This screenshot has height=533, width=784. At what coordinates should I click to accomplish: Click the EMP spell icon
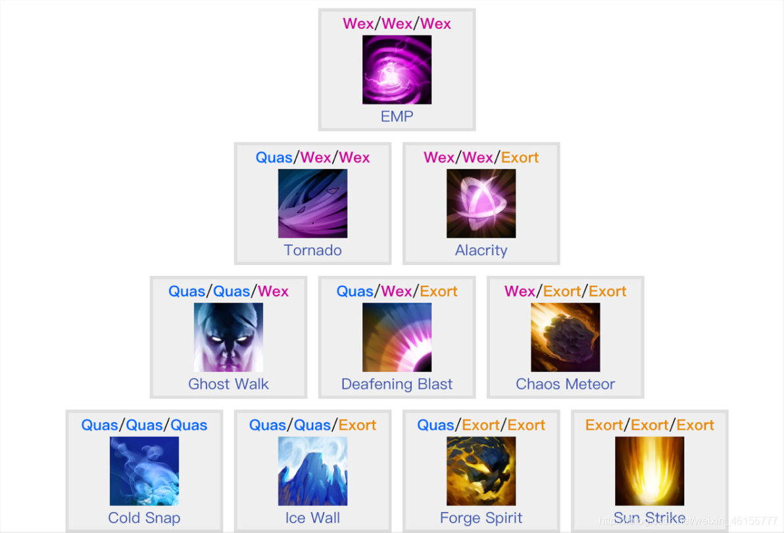[397, 70]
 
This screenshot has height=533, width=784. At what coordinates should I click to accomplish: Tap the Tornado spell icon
[312, 204]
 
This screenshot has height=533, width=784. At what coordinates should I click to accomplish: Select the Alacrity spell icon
[481, 204]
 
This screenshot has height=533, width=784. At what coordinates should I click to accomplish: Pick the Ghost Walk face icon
[228, 337]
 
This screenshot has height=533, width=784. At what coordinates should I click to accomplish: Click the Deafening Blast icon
[397, 337]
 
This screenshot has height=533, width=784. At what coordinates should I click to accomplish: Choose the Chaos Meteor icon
[565, 337]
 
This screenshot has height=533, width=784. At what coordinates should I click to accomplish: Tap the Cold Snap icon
[144, 471]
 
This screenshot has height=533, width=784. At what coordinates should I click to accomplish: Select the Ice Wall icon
[312, 471]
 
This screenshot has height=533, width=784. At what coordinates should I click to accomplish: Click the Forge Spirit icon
[481, 471]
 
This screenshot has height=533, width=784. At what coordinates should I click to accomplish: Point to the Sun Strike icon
[649, 471]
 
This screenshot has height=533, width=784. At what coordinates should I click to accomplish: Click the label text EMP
[397, 117]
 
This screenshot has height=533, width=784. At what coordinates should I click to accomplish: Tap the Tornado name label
[312, 250]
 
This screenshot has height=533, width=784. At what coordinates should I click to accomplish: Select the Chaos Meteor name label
[565, 384]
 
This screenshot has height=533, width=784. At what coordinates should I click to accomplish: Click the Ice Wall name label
[312, 519]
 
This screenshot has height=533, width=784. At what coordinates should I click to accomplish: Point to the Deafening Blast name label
[397, 384]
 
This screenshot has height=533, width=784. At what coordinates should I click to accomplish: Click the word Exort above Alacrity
[520, 158]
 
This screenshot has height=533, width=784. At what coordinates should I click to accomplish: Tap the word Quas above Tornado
[274, 158]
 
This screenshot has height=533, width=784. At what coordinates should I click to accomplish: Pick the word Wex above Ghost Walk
[273, 291]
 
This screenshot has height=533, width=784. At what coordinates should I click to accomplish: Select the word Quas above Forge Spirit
[435, 425]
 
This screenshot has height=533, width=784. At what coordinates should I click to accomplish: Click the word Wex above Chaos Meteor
[520, 291]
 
